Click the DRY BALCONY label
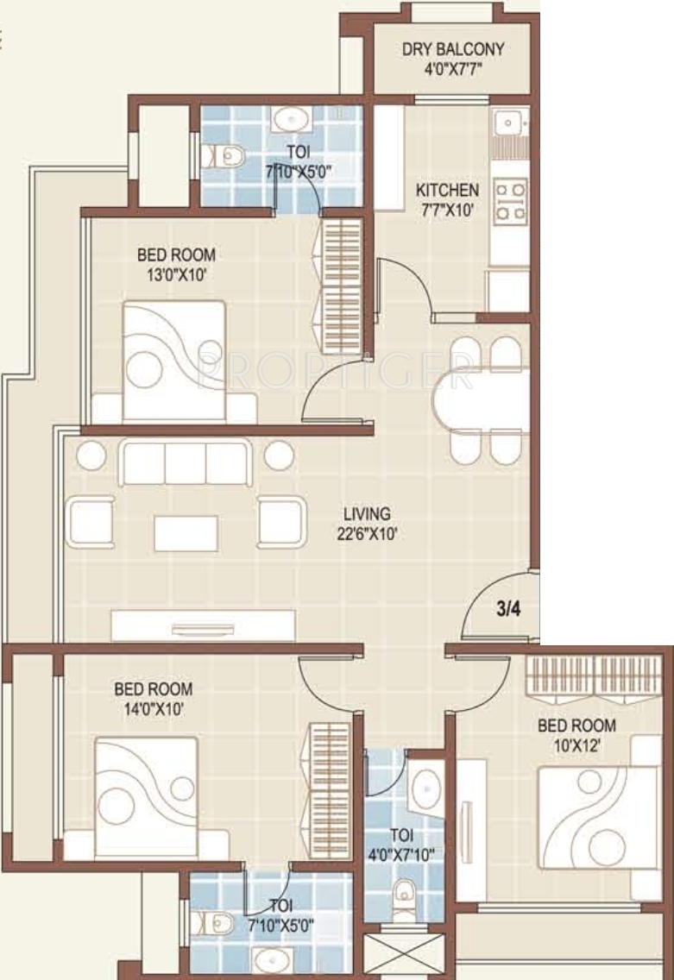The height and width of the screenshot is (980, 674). click(x=453, y=49)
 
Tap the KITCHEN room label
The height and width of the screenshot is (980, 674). click(x=448, y=190)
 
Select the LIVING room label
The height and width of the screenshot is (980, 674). click(x=367, y=514)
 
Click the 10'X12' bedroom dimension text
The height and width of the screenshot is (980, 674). click(x=576, y=745)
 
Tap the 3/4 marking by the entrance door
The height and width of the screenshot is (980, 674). click(x=507, y=609)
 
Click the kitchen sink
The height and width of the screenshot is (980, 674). click(x=509, y=123)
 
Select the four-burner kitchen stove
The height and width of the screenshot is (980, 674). click(x=511, y=200)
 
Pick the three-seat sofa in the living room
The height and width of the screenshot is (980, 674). click(x=186, y=462)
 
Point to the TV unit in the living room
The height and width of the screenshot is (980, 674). click(x=203, y=625)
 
